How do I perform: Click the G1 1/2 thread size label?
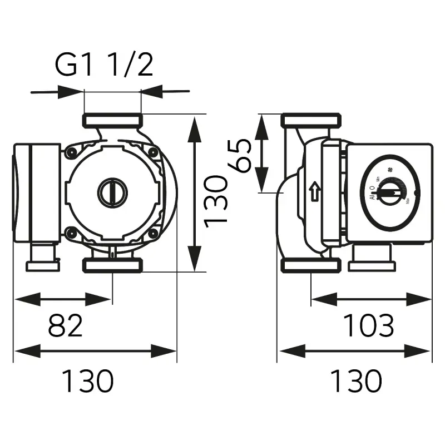point(103,66)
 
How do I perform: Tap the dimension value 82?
point(66,325)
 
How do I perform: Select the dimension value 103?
point(368,325)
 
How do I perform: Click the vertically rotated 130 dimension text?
point(216,201)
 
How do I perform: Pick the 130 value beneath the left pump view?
point(87,381)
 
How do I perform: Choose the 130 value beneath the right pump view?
point(357,381)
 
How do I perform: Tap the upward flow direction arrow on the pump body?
point(315,192)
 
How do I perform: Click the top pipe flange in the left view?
point(112,120)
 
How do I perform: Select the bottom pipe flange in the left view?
point(112,265)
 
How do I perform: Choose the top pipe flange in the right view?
point(310,120)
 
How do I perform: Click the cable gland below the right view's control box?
point(371,259)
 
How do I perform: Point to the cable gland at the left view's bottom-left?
point(42,259)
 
